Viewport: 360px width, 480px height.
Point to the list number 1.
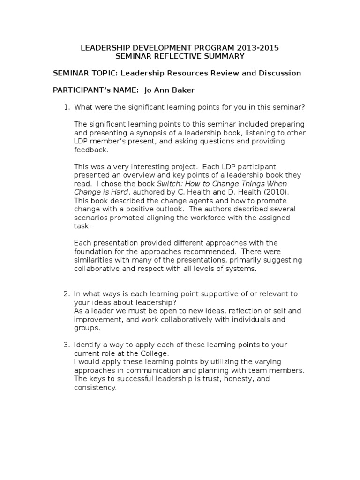[66, 107]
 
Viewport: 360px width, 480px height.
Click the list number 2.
[66, 294]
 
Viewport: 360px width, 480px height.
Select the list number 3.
[66, 345]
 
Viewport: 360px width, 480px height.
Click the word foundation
[93, 251]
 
